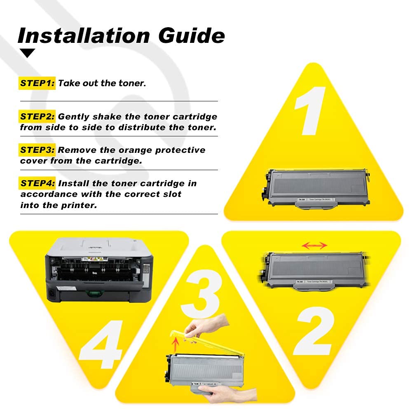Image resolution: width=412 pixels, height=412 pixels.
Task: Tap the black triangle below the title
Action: click(x=28, y=53)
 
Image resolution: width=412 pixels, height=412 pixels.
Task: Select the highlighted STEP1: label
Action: click(x=37, y=83)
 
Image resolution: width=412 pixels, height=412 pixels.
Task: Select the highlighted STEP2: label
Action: click(x=37, y=117)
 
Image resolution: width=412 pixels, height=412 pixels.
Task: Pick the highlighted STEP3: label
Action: click(x=37, y=150)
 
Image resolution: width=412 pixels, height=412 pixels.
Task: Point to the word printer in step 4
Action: click(x=80, y=205)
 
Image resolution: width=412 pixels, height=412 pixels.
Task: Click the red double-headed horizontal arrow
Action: click(x=314, y=246)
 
